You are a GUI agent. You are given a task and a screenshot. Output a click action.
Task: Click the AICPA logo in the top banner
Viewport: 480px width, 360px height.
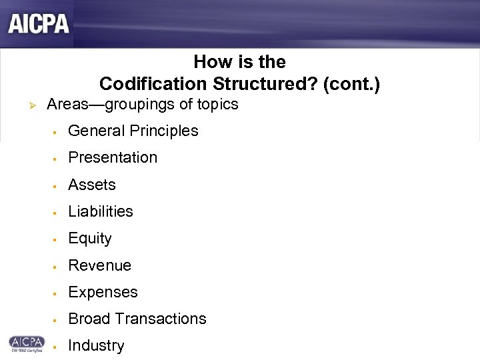(39, 24)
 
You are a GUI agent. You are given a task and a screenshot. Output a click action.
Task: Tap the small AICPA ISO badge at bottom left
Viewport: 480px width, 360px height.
(26, 343)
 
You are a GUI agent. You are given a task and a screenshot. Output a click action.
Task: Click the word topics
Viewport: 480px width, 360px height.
(216, 105)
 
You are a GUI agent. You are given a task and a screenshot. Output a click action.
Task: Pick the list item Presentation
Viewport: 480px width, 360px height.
(113, 157)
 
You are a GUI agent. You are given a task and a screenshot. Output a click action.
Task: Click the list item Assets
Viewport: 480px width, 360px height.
(92, 185)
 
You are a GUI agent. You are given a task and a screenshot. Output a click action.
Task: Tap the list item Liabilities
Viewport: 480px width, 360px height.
(101, 211)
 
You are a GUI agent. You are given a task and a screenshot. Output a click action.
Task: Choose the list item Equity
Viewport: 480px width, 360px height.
(90, 239)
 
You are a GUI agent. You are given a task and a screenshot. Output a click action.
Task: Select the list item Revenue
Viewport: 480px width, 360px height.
(100, 265)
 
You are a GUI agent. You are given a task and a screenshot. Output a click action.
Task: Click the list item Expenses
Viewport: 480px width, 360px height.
(103, 292)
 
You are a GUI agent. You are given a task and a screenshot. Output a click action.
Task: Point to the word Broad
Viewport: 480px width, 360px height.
(89, 319)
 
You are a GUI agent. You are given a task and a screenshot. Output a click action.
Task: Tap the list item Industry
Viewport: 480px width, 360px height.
(96, 345)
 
